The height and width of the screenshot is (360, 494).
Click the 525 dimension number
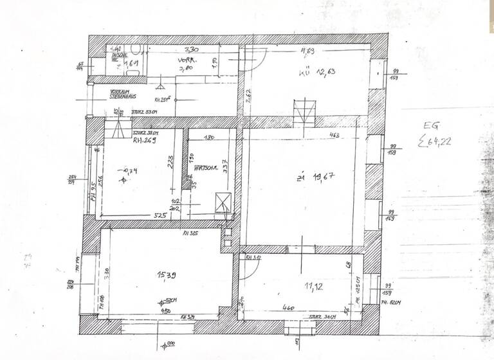160,215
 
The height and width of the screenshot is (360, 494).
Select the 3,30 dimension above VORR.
191,50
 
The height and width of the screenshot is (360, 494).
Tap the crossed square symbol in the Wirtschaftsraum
223,203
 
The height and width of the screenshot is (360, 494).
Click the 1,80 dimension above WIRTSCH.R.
208,138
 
